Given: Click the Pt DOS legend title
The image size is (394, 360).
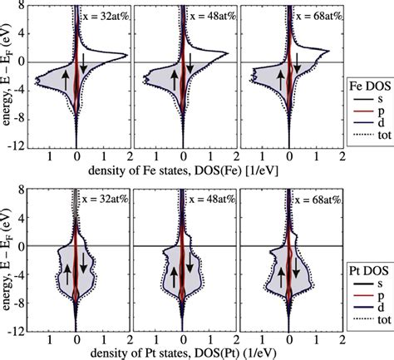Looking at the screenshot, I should point(368,271).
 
